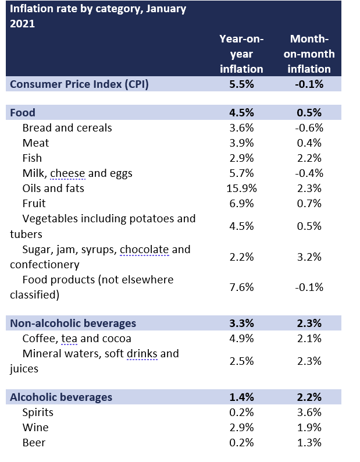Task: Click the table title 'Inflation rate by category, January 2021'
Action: click(x=98, y=16)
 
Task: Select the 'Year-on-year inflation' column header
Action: click(x=241, y=54)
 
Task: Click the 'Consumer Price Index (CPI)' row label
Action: click(x=80, y=84)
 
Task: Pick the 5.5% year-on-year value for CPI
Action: click(x=241, y=84)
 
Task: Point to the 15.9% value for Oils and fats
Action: click(x=241, y=188)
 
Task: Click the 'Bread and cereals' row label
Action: click(x=67, y=127)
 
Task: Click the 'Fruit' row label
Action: click(x=34, y=203)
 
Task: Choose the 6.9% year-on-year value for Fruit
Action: click(x=241, y=203)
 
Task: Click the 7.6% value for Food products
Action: click(x=241, y=287)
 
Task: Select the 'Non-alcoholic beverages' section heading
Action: click(x=73, y=324)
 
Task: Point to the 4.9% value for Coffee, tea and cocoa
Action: click(x=241, y=339)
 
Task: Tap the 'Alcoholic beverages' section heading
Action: click(x=61, y=397)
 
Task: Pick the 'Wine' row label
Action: click(x=35, y=428)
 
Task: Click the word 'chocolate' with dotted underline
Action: click(x=145, y=250)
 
